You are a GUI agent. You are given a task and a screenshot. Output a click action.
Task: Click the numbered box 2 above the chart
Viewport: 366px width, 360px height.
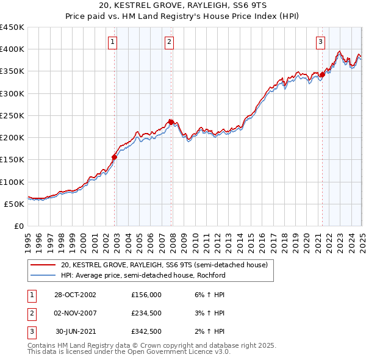[x=169, y=42]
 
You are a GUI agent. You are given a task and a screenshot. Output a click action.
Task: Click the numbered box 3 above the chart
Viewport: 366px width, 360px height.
[x=320, y=42]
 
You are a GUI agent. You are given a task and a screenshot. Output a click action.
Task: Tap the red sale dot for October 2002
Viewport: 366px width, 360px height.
[x=114, y=157]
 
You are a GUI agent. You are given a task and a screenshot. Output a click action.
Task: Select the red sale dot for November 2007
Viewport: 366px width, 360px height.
[x=171, y=122]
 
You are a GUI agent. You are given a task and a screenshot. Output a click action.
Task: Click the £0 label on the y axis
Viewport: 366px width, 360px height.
[x=18, y=226]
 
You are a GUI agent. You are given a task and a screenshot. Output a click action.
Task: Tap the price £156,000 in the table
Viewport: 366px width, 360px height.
[x=146, y=294]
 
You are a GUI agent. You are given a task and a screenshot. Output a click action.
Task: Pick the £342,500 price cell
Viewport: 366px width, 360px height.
[x=146, y=331]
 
